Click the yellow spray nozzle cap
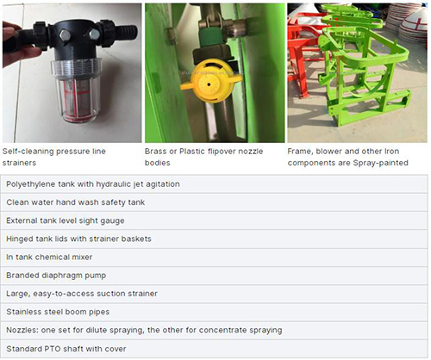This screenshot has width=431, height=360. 211,81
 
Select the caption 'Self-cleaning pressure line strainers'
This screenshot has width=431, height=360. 54,157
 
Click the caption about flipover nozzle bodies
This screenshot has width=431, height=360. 203,157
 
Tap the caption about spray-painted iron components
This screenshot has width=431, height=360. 347,157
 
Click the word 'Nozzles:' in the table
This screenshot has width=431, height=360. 22,330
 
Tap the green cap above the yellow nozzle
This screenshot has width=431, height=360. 212,38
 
